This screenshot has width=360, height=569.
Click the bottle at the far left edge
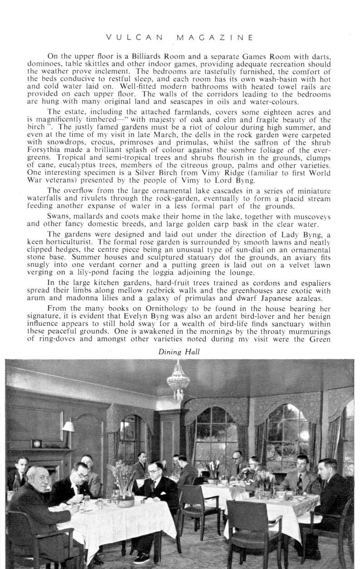click(x=17, y=484)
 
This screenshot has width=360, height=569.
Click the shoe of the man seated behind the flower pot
click(x=141, y=559)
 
